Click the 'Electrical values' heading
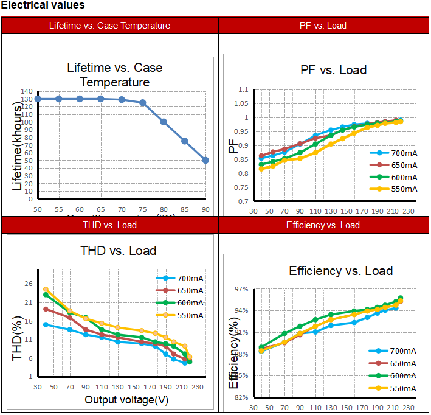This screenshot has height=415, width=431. click(x=43, y=5)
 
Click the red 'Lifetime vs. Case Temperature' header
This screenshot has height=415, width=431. click(x=109, y=26)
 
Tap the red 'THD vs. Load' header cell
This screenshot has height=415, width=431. click(x=109, y=225)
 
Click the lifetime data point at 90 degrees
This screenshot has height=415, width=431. click(x=206, y=160)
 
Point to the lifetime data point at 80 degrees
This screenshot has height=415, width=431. click(x=164, y=122)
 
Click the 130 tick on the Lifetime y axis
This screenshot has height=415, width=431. click(x=26, y=99)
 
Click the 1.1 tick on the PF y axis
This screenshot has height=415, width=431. click(x=243, y=90)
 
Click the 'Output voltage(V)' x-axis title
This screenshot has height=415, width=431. click(x=126, y=400)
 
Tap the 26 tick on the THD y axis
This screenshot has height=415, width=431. click(x=29, y=284)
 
